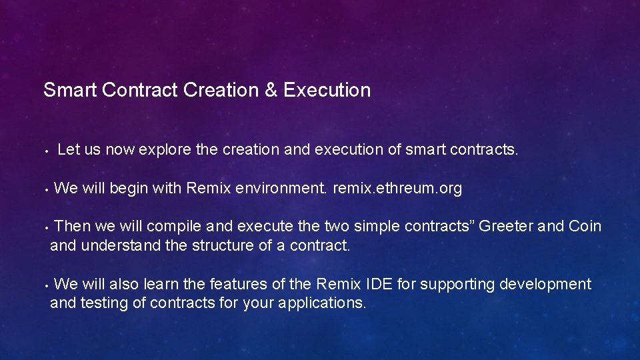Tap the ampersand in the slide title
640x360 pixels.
coord(271,90)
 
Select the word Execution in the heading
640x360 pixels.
coord(327,90)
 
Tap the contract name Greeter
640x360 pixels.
coord(506,227)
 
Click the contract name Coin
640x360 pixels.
coord(585,227)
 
